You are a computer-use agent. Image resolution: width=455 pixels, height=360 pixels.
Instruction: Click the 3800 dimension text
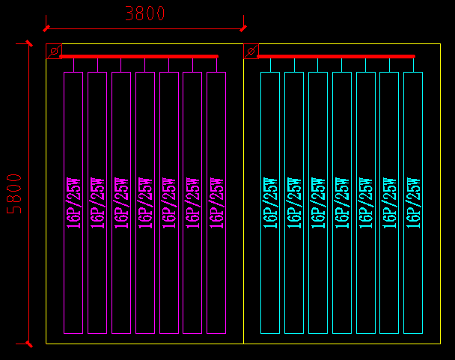(145, 13)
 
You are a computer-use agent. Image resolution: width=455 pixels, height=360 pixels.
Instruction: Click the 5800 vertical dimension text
(15, 194)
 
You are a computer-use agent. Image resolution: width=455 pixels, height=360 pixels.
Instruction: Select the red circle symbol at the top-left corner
(54, 51)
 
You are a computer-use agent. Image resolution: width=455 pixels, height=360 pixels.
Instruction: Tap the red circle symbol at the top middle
(251, 51)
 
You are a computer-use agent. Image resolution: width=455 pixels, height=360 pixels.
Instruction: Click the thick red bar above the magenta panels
(138, 56)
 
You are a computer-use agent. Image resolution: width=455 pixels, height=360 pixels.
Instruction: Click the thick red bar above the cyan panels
(336, 56)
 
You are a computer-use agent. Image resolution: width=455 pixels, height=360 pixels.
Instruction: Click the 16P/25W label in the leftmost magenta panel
(73, 202)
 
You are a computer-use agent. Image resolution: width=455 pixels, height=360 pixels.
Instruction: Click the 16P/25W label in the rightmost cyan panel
(413, 202)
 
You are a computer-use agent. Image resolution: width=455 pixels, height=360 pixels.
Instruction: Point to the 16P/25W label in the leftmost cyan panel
(270, 202)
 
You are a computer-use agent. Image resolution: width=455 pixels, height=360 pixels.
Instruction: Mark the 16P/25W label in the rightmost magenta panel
(216, 202)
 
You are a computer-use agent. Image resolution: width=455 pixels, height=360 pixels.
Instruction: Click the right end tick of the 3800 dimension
(242, 28)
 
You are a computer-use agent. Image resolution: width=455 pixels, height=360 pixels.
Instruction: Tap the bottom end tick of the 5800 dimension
(28, 344)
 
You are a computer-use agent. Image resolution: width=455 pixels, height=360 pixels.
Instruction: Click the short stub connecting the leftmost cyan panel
(270, 64)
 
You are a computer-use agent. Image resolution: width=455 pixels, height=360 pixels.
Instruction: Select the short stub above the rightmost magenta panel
(216, 64)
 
